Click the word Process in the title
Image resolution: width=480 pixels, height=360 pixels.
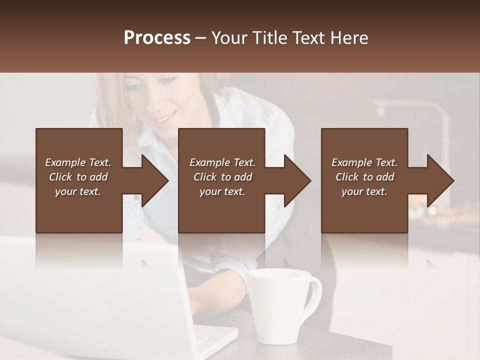[x=157, y=38]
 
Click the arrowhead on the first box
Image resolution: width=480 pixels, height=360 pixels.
[x=154, y=180]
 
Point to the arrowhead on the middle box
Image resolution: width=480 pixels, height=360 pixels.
[x=297, y=180]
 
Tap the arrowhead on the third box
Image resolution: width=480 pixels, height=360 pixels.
[x=440, y=180]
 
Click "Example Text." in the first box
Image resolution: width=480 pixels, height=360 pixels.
[x=78, y=162]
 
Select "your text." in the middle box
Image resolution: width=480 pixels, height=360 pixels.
[x=222, y=191]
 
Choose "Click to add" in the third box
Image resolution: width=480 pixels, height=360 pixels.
[x=364, y=177]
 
